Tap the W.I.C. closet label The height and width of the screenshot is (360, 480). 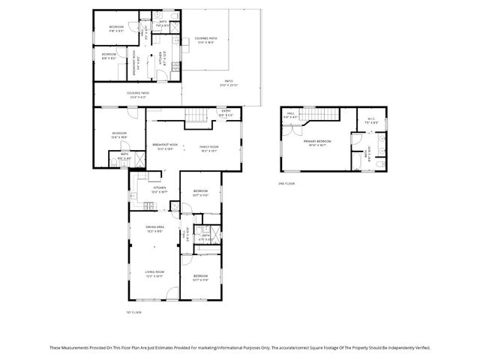point(370,121)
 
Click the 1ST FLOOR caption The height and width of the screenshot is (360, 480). point(133,312)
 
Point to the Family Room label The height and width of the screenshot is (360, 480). point(208,148)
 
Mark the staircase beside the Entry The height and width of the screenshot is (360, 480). point(196,115)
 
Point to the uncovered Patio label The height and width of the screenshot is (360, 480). point(228,82)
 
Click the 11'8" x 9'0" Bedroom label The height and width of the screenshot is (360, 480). point(116,28)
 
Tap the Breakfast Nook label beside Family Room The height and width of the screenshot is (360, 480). point(165,146)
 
